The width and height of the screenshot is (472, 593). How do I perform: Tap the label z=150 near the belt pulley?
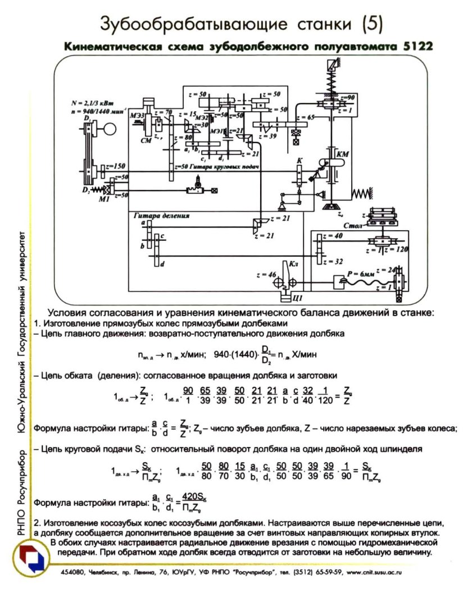click(116, 166)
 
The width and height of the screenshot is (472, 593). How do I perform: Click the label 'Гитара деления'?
click(161, 216)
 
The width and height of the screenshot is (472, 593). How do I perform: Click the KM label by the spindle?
click(341, 153)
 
